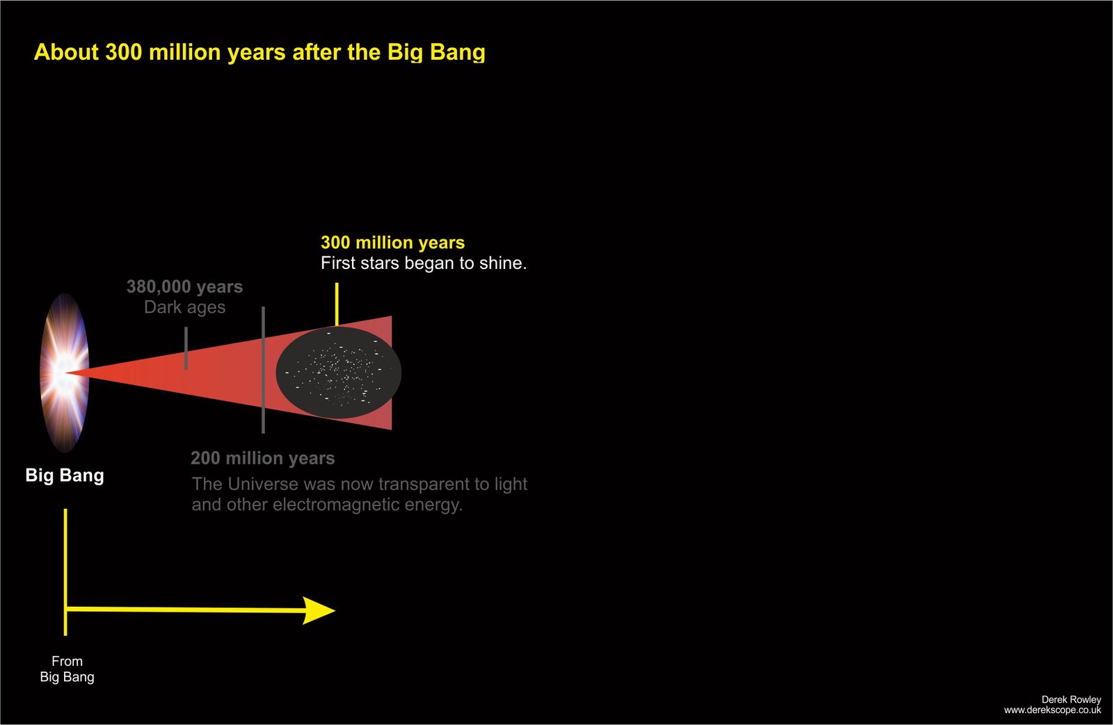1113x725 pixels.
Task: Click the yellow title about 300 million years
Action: click(x=259, y=52)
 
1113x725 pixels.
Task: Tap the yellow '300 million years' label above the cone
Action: click(x=392, y=243)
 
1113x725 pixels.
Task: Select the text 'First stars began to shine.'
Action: click(x=424, y=263)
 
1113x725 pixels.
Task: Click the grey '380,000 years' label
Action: click(x=185, y=286)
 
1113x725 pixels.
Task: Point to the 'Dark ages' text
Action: click(x=185, y=307)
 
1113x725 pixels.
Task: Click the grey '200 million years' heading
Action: click(x=263, y=458)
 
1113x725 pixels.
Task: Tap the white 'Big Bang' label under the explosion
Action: click(x=65, y=475)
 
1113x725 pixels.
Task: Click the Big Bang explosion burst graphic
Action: click(x=65, y=373)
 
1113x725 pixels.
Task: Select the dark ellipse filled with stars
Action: click(x=338, y=373)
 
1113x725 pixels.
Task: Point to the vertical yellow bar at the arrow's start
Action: click(x=65, y=572)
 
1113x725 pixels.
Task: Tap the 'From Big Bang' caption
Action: click(x=67, y=669)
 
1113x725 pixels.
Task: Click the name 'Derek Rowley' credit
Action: click(x=1071, y=700)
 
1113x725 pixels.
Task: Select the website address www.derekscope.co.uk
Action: click(x=1052, y=710)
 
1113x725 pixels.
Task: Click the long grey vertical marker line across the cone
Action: click(x=264, y=370)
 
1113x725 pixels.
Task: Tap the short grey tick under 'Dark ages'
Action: click(x=186, y=348)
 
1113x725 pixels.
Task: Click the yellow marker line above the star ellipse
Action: click(x=337, y=304)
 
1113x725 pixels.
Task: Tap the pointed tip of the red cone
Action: click(x=67, y=373)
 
